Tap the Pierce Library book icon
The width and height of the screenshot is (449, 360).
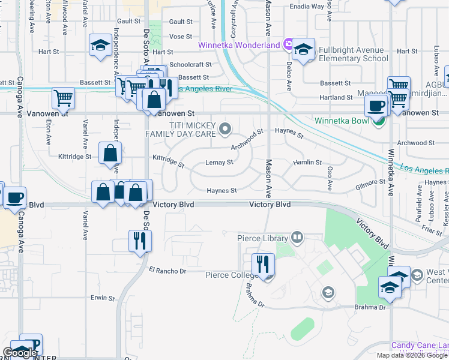coord(296,238)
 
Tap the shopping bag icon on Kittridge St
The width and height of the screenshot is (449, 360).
coord(110,153)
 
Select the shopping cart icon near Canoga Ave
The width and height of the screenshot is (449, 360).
coord(63,97)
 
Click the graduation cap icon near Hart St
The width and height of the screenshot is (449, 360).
coord(100,45)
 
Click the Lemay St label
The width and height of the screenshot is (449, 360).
coord(219,162)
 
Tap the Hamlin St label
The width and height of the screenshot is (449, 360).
coord(307,163)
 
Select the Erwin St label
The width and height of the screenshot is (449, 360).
coord(103,298)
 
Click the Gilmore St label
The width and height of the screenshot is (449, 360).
coord(370,181)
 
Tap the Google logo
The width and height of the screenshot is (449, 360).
coord(20,352)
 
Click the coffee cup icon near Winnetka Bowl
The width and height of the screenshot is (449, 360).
coord(376,105)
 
